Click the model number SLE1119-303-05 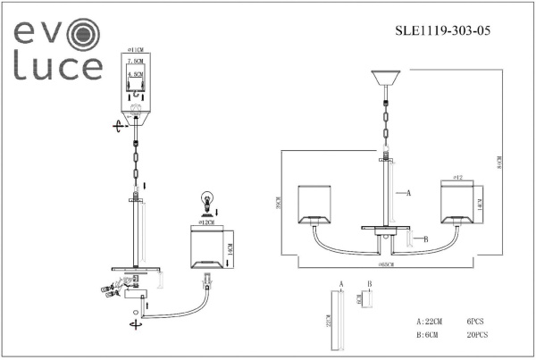point(442,29)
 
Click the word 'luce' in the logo point(56,67)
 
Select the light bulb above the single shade point(207,199)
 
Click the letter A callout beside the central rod point(408,193)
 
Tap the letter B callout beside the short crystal point(426,239)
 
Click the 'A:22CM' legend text point(431,320)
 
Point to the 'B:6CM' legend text point(430,336)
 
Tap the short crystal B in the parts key point(367,299)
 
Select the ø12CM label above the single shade point(207,219)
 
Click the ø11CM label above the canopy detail point(136,51)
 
